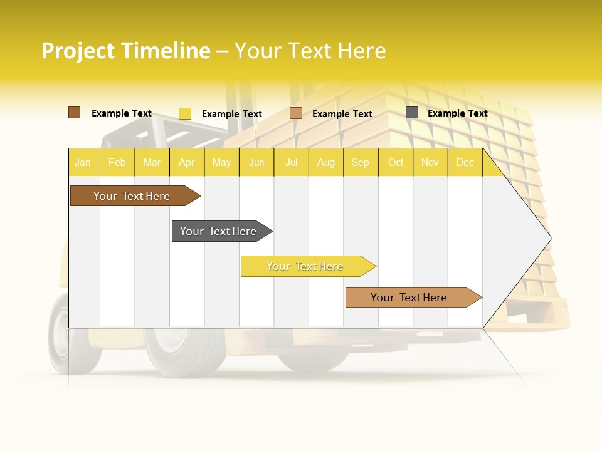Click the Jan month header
pos(83,162)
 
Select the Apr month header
pos(187,162)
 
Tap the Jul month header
pos(291,162)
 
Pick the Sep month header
pos(361,162)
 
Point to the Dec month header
pos(465,162)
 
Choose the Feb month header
pos(117,162)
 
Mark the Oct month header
pos(396,162)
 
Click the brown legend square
pos(74,113)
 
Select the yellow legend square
pos(185,113)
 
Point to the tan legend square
pos(296,113)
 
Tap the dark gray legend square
pos(412,113)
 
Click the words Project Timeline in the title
pos(126,51)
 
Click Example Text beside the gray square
pos(458,113)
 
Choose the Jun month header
pos(256,162)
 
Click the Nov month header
pos(430,162)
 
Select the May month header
pos(221,162)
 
